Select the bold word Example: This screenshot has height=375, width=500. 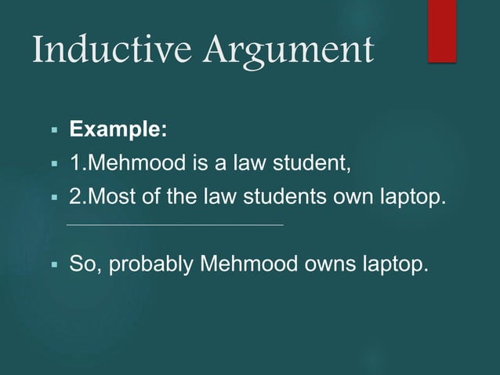click(118, 129)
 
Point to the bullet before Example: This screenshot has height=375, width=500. click(55, 129)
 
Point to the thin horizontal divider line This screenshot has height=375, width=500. click(176, 226)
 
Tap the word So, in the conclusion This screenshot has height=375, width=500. click(86, 263)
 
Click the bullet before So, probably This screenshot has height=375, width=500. click(55, 264)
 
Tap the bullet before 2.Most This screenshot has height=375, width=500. click(55, 197)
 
